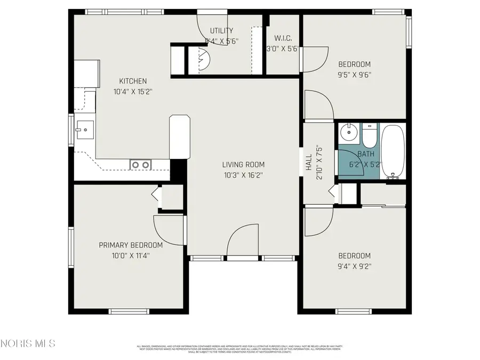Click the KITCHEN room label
click(133, 81)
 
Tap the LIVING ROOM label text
click(243, 165)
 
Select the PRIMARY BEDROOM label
click(131, 245)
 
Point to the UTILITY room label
click(221, 31)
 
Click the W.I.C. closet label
click(282, 38)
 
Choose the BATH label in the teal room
click(366, 154)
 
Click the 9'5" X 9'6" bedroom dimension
click(354, 75)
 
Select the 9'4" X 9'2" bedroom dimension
click(354, 266)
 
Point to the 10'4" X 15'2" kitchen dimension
click(133, 91)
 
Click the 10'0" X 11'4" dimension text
click(131, 255)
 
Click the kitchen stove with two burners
click(141, 165)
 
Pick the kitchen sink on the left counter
click(84, 129)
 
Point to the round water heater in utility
click(204, 59)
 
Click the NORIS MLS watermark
click(28, 343)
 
